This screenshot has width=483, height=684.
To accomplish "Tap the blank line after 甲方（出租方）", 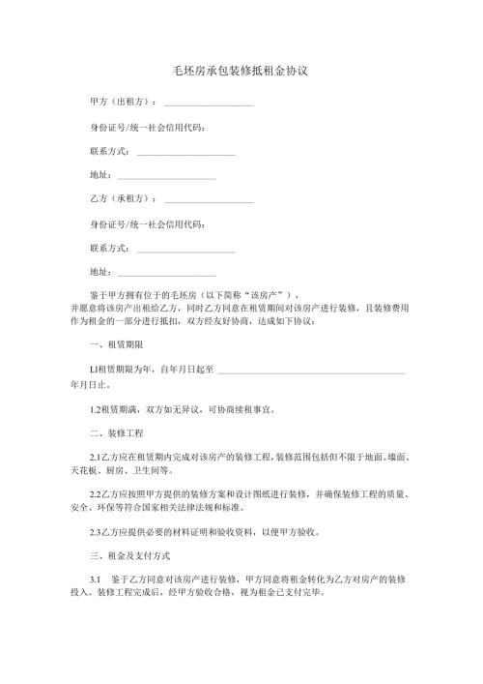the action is [x=209, y=104].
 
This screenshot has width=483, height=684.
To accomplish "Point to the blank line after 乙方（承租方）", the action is [x=209, y=200].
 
